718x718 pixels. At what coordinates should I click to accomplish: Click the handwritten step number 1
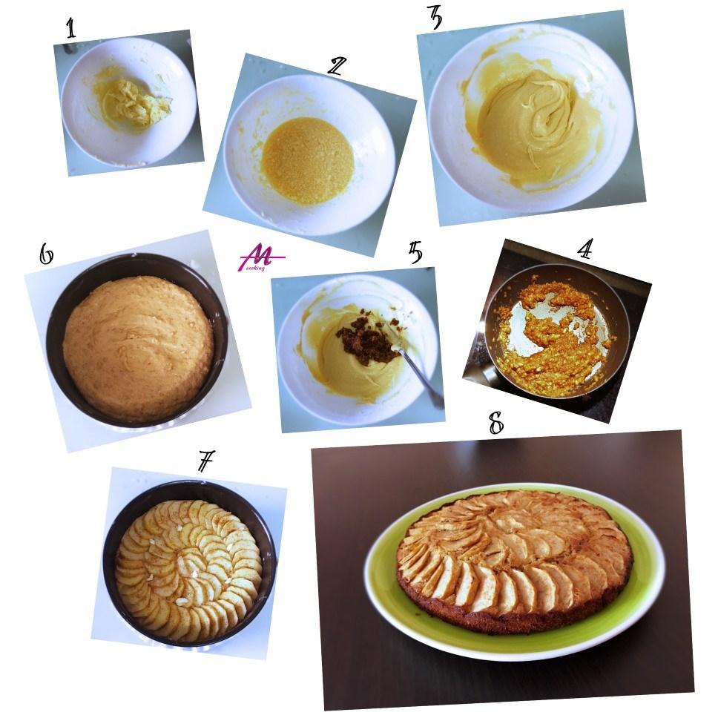tap(70, 28)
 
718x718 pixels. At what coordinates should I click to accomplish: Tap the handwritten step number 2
tap(337, 65)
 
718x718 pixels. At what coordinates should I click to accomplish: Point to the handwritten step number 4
tap(584, 248)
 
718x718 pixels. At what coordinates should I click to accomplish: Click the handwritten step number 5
tap(415, 252)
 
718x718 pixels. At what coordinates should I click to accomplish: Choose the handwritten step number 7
tap(205, 461)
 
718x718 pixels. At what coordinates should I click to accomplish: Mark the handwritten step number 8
tap(495, 422)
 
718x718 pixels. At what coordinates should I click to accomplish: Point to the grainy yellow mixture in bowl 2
tap(307, 160)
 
